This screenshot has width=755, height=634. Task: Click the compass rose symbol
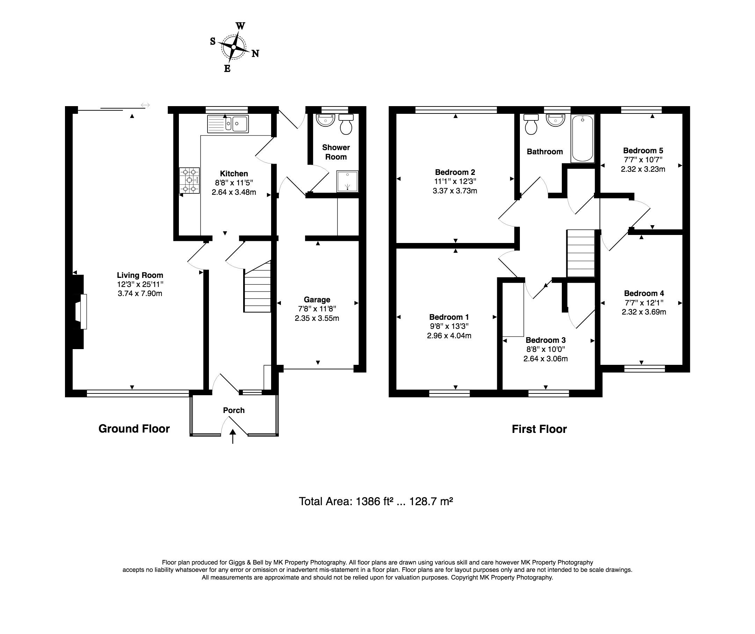(x=234, y=47)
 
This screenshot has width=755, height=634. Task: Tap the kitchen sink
(x=228, y=124)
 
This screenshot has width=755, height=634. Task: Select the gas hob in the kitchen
(x=190, y=180)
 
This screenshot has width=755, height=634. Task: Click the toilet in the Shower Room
(x=346, y=124)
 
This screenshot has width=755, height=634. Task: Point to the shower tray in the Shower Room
(x=348, y=182)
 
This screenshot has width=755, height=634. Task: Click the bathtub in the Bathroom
(x=582, y=138)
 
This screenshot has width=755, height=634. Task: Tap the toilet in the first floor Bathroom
(x=531, y=124)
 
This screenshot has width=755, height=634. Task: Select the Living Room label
(x=140, y=275)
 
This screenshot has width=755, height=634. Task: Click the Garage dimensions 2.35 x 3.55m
(x=317, y=318)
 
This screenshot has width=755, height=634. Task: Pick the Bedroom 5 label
(x=643, y=150)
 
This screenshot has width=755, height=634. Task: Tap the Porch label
(x=234, y=411)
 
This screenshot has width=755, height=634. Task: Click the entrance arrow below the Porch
(x=233, y=436)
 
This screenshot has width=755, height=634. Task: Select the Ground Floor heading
(x=134, y=429)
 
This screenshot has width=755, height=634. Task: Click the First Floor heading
(x=539, y=429)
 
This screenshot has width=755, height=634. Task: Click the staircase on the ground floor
(x=257, y=286)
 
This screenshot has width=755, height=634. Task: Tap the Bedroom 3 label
(x=546, y=340)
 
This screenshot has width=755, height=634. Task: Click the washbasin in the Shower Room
(x=325, y=120)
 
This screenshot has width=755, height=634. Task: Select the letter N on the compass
(x=255, y=53)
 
